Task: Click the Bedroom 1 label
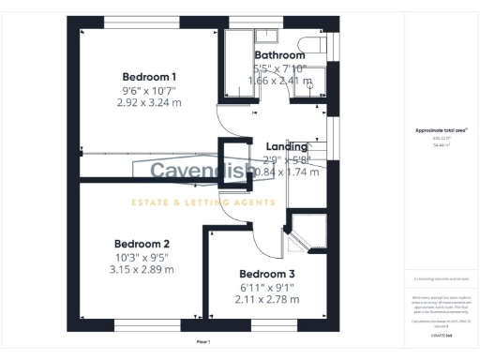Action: [x=150, y=77]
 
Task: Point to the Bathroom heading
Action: [x=279, y=55]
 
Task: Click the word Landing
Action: [x=287, y=147]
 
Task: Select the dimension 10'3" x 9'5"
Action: [x=142, y=256]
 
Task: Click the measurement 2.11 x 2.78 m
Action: [x=266, y=300]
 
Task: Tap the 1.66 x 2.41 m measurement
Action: [x=279, y=82]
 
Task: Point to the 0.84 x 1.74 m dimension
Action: [x=287, y=172]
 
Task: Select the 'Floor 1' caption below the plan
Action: [x=203, y=342]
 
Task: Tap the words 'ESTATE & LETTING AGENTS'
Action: [x=202, y=202]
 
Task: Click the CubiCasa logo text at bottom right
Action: [x=441, y=335]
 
